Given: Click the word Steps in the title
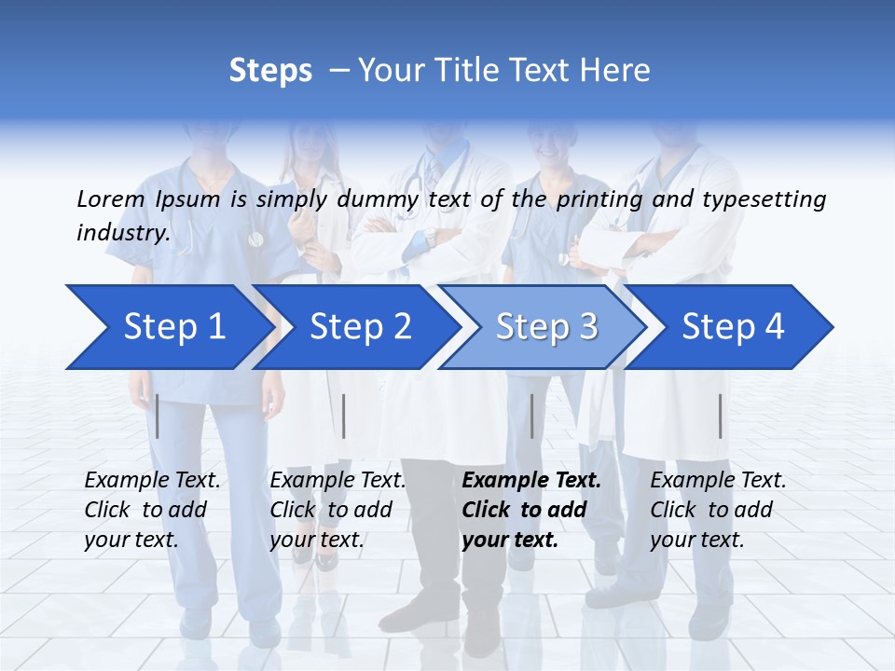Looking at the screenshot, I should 270,71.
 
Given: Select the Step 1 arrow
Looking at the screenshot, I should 173,327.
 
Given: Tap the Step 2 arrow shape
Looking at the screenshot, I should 360,327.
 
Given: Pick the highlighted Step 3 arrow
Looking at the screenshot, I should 546,327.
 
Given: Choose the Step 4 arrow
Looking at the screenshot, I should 733,327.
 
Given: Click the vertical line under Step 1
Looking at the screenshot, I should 158,416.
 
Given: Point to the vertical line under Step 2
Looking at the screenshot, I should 344,416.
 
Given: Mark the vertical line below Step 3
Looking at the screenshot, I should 531,416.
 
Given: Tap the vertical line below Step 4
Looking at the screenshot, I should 720,416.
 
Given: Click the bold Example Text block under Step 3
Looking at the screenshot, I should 531,510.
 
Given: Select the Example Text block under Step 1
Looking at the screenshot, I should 152,510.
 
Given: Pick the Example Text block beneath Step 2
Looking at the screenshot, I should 337,510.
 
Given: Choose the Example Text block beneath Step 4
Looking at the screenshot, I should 718,510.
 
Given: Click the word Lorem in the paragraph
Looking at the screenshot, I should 110,199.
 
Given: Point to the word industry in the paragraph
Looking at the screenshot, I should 123,233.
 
